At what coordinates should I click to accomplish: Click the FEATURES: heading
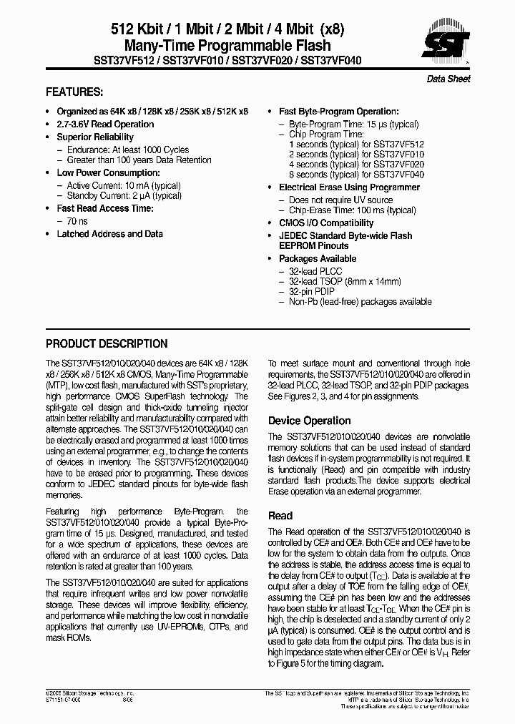(x=74, y=92)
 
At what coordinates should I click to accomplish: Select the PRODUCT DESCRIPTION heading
(x=107, y=343)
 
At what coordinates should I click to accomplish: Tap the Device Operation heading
(x=309, y=421)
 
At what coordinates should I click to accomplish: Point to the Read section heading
(x=280, y=515)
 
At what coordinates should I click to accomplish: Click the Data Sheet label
(x=448, y=79)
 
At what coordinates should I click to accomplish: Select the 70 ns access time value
(x=77, y=222)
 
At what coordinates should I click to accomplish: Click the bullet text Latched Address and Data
(x=109, y=234)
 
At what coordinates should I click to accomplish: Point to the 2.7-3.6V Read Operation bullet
(x=105, y=124)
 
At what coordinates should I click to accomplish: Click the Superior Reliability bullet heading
(x=95, y=137)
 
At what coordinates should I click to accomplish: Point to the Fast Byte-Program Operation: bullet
(x=338, y=112)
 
